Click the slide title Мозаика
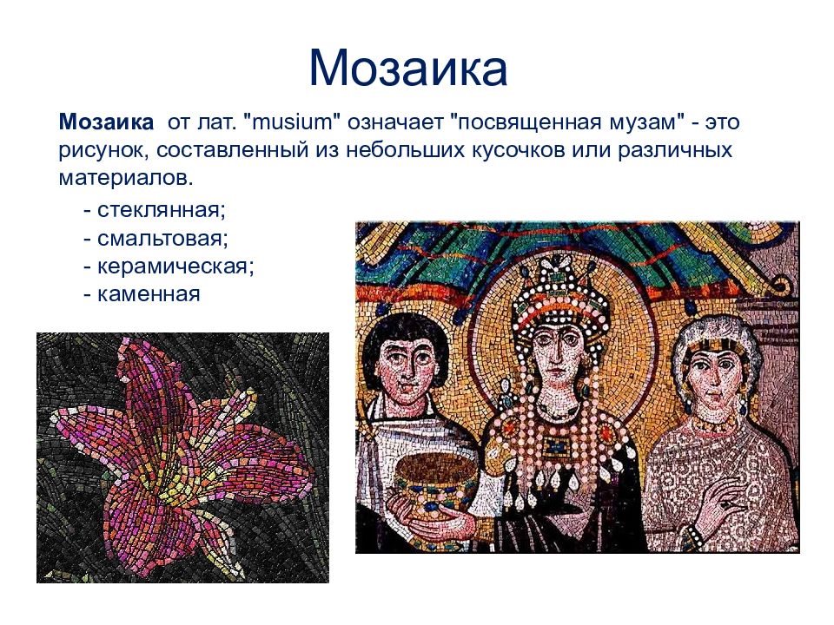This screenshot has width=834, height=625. pos(407,69)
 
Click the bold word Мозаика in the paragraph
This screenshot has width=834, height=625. pos(106,122)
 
